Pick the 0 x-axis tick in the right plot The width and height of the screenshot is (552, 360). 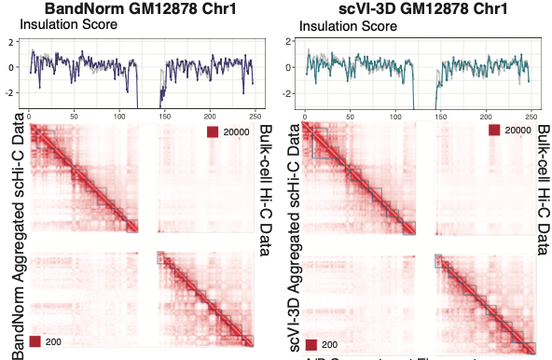coord(306,116)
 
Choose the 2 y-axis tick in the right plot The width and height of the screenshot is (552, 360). coord(289,42)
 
